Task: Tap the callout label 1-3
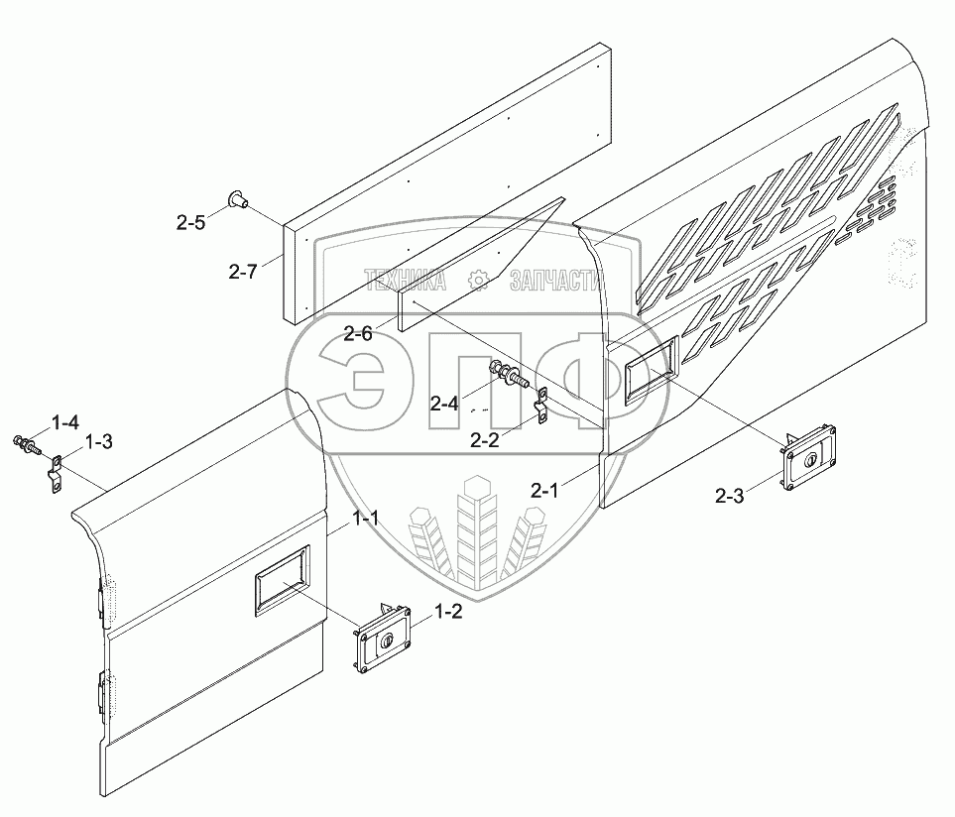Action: coord(98,441)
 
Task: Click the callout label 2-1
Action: coord(546,489)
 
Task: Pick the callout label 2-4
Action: coord(444,403)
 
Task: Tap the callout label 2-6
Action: coord(358,334)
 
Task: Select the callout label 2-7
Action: coord(242,271)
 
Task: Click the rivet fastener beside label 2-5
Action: coord(238,200)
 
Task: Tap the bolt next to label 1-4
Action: coord(23,441)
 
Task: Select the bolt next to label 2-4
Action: coord(507,376)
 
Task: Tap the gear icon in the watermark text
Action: coord(478,282)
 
